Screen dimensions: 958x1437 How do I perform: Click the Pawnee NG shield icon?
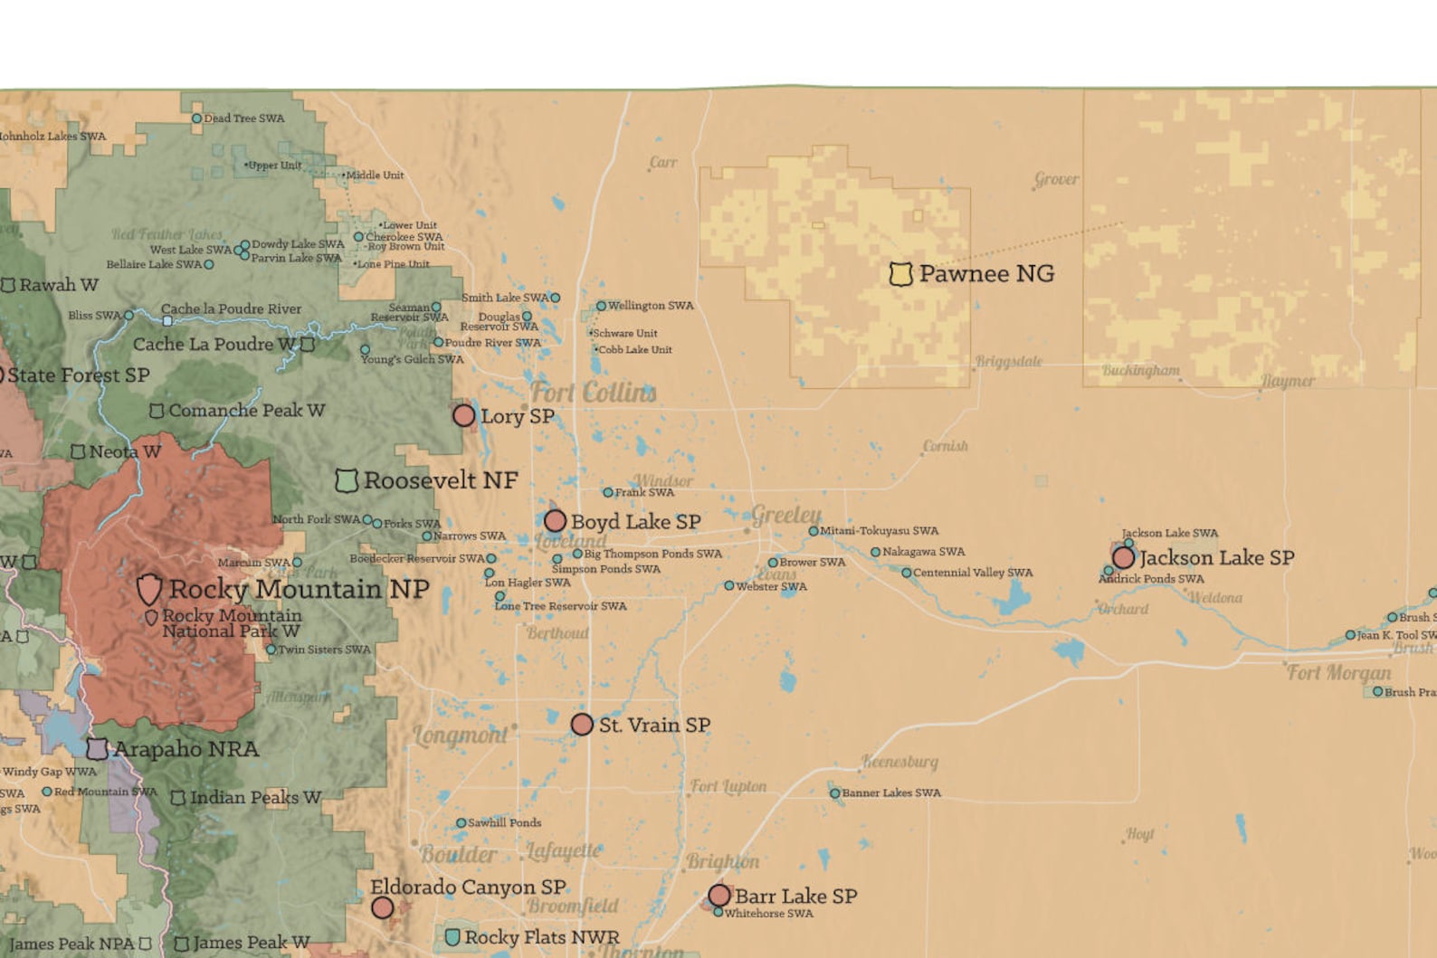(900, 274)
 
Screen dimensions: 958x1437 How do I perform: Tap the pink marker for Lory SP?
(463, 415)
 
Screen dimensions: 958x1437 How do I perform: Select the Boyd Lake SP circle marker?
(555, 521)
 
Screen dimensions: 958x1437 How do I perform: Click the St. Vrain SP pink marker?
(582, 725)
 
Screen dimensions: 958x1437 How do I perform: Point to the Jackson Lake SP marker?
(1123, 557)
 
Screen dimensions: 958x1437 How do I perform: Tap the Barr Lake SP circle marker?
(719, 896)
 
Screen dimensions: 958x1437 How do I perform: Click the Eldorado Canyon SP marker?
(383, 907)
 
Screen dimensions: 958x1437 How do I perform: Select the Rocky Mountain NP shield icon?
(149, 589)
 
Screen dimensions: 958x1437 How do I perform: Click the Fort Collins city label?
(593, 393)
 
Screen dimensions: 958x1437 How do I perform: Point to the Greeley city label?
(785, 515)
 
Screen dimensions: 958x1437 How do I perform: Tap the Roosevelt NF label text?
(440, 480)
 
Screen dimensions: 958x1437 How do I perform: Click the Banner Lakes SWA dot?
(834, 793)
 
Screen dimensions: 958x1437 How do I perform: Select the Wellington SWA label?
(650, 306)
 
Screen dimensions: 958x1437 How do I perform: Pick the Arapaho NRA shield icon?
(97, 749)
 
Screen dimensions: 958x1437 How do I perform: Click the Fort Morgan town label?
(1338, 673)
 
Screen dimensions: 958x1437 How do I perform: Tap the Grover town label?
(1056, 179)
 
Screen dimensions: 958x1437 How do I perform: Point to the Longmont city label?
(461, 735)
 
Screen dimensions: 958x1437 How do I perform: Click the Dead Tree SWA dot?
(196, 119)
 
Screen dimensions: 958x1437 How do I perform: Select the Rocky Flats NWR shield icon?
(452, 937)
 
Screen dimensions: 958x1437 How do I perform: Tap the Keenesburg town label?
(899, 762)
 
